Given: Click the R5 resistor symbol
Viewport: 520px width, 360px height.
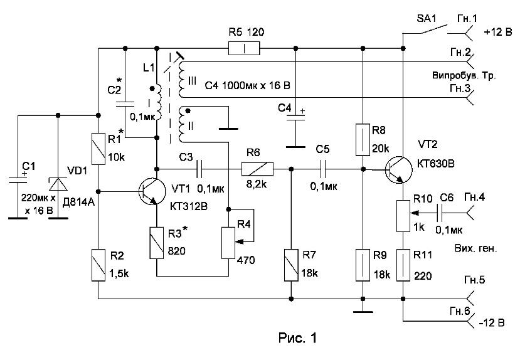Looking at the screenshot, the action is (x=244, y=48).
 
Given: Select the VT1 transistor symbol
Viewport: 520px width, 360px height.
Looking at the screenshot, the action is (x=152, y=191).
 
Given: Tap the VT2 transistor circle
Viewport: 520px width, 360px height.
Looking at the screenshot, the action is (x=399, y=170).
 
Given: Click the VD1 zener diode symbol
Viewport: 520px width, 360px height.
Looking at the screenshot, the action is (x=58, y=184).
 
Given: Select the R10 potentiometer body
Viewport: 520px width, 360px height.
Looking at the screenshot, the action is (x=403, y=216).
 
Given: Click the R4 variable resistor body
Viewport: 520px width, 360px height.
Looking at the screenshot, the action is (x=228, y=243).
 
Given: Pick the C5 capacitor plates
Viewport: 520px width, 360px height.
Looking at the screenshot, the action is (x=323, y=169).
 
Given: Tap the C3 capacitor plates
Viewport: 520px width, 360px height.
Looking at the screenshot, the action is (x=199, y=169).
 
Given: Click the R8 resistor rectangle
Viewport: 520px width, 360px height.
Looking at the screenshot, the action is (x=363, y=140).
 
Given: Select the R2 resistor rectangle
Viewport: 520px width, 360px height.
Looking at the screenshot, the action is (x=98, y=265).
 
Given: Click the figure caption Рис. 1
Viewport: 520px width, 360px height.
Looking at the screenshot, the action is (x=297, y=338).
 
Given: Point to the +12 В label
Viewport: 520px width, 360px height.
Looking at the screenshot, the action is (x=498, y=32).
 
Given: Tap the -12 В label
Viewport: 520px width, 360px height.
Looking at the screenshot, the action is (x=492, y=322).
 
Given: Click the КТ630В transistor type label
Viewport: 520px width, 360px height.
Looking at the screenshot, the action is (x=436, y=163).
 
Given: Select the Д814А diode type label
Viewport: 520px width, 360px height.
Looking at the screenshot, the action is (x=78, y=202).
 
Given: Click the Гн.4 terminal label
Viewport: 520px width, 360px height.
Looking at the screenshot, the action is (x=474, y=197).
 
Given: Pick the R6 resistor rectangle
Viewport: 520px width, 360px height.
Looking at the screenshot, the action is (x=257, y=169).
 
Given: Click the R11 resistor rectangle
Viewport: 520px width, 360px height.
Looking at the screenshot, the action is (x=403, y=265).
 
